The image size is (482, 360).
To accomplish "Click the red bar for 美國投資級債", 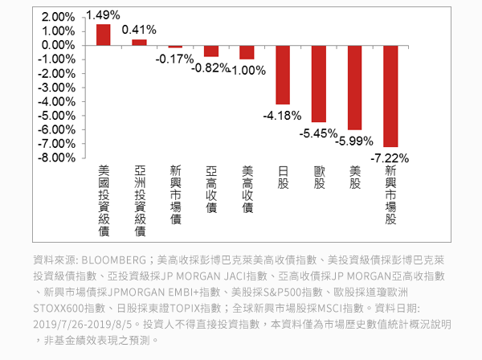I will [104, 35].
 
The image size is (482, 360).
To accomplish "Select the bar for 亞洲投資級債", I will [139, 42].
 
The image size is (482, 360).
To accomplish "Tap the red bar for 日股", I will [283, 75].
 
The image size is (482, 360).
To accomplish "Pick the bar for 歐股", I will [319, 84].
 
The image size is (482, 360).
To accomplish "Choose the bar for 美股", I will [354, 88].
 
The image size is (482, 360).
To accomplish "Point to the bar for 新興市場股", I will [390, 96].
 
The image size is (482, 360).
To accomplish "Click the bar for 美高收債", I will [247, 52].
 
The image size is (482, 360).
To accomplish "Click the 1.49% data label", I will [102, 15].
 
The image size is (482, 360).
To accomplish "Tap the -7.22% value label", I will [390, 157].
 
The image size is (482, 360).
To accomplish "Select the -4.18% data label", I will [282, 116].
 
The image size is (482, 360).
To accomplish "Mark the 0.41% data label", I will [139, 30].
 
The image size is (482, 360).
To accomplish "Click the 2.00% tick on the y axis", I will [57, 17].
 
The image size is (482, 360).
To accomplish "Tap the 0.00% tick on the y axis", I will [57, 45].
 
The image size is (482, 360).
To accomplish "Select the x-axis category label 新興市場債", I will [175, 195].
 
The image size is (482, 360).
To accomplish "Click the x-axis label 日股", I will [283, 178].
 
